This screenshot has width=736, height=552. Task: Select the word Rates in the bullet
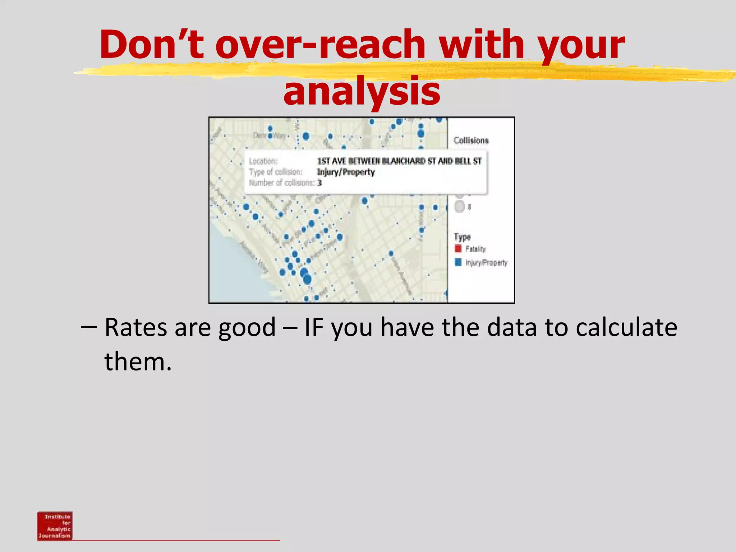(x=136, y=327)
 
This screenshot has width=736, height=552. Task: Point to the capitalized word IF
(x=314, y=327)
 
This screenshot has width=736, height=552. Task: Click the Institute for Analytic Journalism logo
(x=55, y=526)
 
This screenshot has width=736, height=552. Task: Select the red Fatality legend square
(x=458, y=249)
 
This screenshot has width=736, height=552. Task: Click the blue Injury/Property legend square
(x=458, y=262)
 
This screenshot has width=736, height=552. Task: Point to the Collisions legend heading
(x=471, y=141)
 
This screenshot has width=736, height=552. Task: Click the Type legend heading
(x=462, y=237)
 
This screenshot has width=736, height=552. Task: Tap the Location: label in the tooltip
(x=263, y=161)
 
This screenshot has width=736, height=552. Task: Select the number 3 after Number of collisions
(x=319, y=183)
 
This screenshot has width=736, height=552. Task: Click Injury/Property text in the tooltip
(x=346, y=172)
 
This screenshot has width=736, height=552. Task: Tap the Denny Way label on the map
(x=269, y=135)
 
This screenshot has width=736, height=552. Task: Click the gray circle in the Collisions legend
(x=460, y=207)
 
